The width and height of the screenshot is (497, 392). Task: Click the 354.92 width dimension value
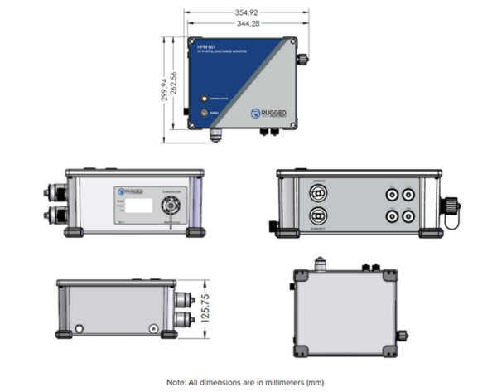point(247,12)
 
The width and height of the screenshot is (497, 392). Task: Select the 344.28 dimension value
point(247,23)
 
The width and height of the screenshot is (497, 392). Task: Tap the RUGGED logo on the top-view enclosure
point(268,114)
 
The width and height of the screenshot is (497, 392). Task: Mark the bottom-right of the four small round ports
point(407,215)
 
